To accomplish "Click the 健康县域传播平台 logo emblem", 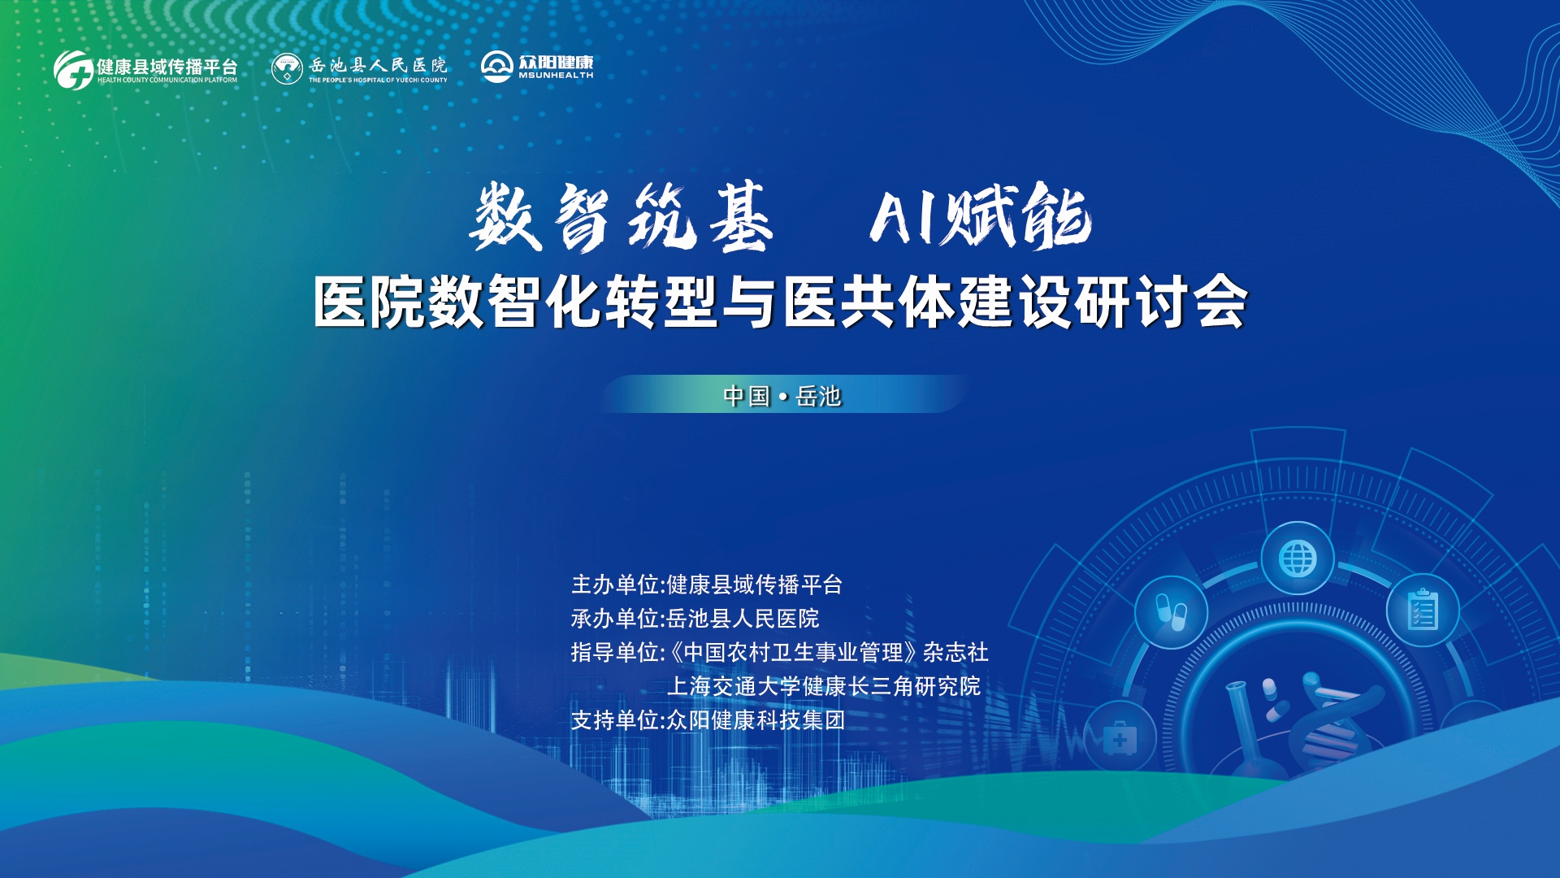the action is point(73,70).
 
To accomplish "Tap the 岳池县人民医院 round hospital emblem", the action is point(287,69).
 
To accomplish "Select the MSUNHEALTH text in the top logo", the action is point(557,76).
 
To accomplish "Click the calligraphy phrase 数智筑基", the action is point(622,216).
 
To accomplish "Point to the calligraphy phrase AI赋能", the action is point(981,215).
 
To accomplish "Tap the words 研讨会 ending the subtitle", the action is point(1161,302).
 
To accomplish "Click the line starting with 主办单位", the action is point(707,585).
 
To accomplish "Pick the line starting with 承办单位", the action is point(695,619).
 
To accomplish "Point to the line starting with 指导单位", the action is point(780,652).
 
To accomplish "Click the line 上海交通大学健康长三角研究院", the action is point(824,686).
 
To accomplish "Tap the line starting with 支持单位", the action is point(708,720).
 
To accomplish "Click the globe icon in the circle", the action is point(1298,559).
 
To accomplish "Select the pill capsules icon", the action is point(1172,612).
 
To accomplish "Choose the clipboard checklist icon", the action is point(1423,610).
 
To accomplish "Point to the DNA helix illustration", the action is point(1332,715).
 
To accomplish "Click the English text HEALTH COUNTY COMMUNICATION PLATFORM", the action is point(167,80).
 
